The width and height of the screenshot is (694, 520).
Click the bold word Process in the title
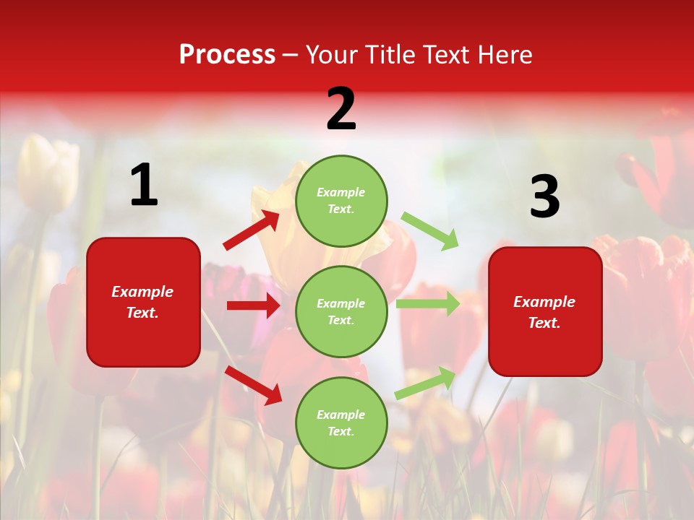[x=227, y=55]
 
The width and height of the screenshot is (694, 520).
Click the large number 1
[x=144, y=186]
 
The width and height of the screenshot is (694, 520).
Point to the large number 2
[x=341, y=109]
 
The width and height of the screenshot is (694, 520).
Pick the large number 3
[x=544, y=197]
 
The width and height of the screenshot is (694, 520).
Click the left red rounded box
[x=143, y=302]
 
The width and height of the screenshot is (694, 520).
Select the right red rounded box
[x=545, y=312]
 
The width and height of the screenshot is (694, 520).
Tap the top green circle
[x=341, y=200]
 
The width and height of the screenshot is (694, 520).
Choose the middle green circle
[x=341, y=311]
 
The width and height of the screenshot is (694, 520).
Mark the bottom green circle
[x=341, y=422]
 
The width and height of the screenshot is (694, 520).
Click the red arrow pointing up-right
[x=252, y=230]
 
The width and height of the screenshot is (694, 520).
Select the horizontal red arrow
[x=253, y=305]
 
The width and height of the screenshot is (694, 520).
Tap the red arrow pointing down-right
[x=253, y=385]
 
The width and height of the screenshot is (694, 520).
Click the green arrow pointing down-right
[x=430, y=230]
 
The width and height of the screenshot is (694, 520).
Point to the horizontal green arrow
[x=427, y=304]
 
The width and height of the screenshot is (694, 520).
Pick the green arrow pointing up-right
[x=426, y=382]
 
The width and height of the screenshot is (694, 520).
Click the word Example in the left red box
[x=142, y=292]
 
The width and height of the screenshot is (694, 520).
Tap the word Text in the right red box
[x=543, y=323]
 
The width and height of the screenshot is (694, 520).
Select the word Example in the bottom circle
[x=341, y=415]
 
